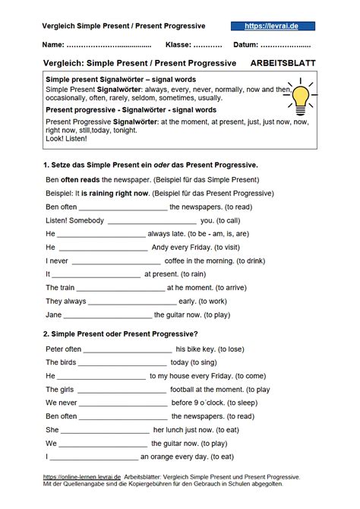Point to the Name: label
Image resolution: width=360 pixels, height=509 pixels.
point(52,44)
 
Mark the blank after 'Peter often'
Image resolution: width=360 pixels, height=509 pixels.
point(128,349)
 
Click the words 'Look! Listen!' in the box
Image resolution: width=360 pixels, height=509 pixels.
point(67,139)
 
